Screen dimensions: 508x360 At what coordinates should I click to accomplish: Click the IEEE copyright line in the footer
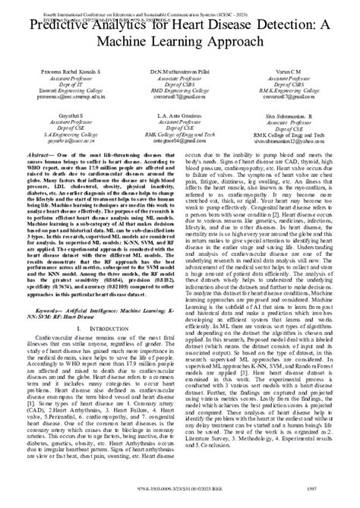point(179,498)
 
